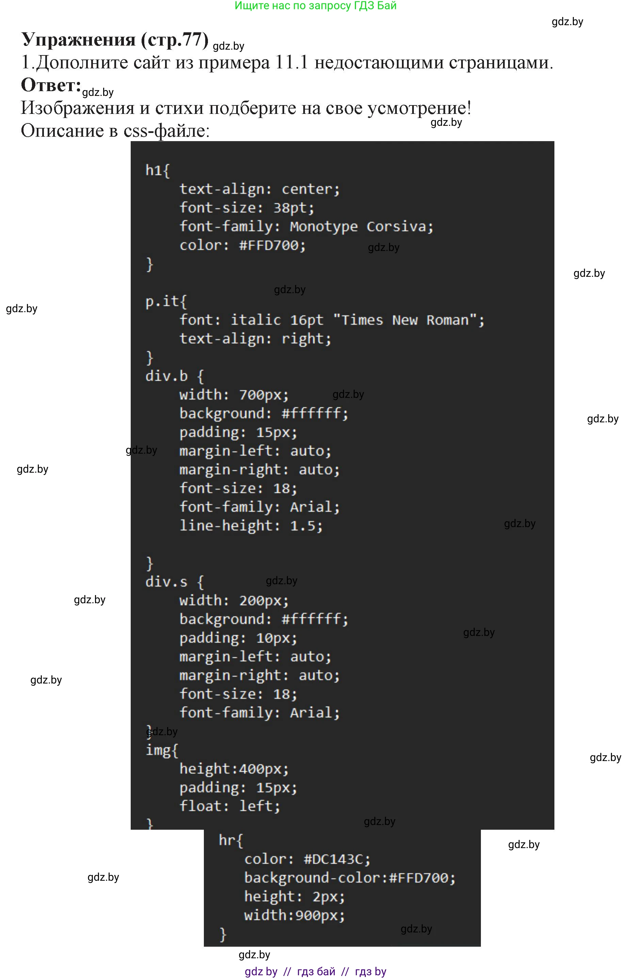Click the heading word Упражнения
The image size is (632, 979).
point(78,40)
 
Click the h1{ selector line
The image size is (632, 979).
point(158,170)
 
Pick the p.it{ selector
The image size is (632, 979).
point(166,302)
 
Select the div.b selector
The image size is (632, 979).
point(167,376)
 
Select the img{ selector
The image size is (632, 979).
point(162,750)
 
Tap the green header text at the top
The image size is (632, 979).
point(315,6)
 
